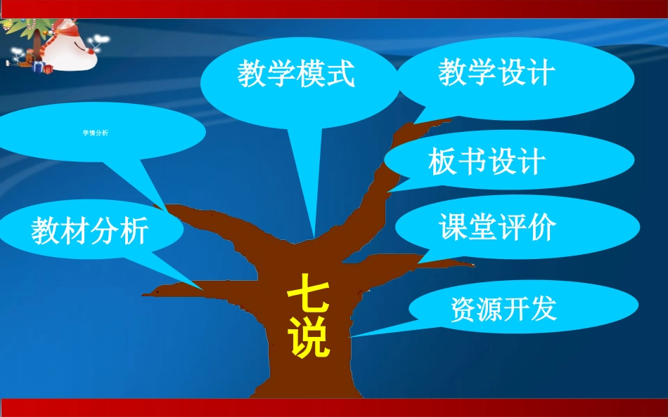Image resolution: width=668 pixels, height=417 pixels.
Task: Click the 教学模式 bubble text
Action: [295, 74]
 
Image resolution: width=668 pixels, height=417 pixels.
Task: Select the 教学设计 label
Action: [496, 72]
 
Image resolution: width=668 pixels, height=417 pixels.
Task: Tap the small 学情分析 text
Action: [95, 133]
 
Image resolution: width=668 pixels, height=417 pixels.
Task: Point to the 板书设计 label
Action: [487, 162]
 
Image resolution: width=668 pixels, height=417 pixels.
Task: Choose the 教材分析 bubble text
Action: [89, 231]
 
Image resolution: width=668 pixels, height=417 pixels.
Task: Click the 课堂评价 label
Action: [497, 227]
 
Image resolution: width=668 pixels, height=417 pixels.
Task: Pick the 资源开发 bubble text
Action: [503, 309]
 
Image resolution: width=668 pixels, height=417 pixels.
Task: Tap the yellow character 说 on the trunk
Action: [309, 340]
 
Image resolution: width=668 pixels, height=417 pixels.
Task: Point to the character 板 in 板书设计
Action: [442, 162]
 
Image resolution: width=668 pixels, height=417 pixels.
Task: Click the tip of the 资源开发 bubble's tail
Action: [349, 336]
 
